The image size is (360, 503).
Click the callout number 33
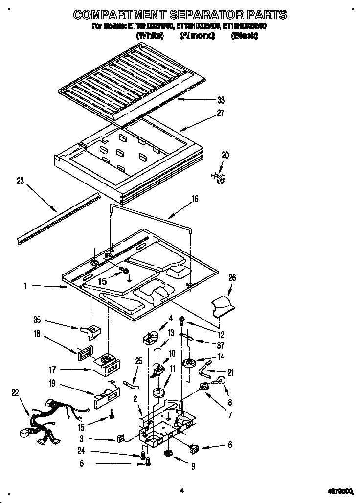tap(221, 100)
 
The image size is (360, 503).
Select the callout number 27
tap(221, 113)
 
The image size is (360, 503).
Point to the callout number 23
tap(20, 181)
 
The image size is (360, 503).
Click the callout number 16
tap(195, 199)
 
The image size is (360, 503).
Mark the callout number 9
tap(193, 466)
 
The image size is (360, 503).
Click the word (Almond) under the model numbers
tap(197, 36)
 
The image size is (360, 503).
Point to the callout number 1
tap(25, 286)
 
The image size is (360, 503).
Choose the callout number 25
tap(138, 361)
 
